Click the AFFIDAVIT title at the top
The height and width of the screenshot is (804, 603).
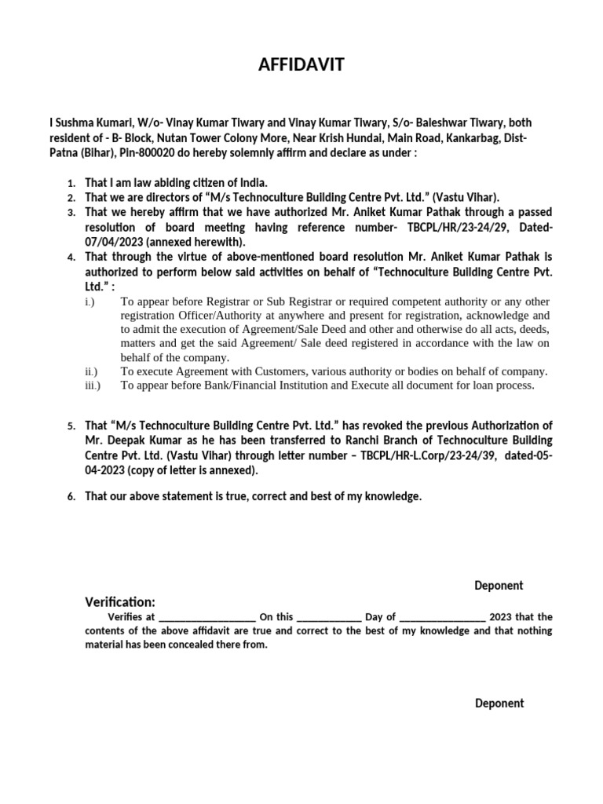pyautogui.click(x=301, y=65)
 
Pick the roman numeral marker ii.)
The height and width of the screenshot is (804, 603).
pyautogui.click(x=90, y=371)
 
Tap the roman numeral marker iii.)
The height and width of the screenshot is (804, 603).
pyautogui.click(x=92, y=386)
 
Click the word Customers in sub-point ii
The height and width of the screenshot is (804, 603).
pyautogui.click(x=278, y=371)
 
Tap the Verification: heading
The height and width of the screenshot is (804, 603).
pyautogui.click(x=120, y=601)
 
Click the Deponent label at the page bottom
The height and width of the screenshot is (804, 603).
pyautogui.click(x=499, y=703)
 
